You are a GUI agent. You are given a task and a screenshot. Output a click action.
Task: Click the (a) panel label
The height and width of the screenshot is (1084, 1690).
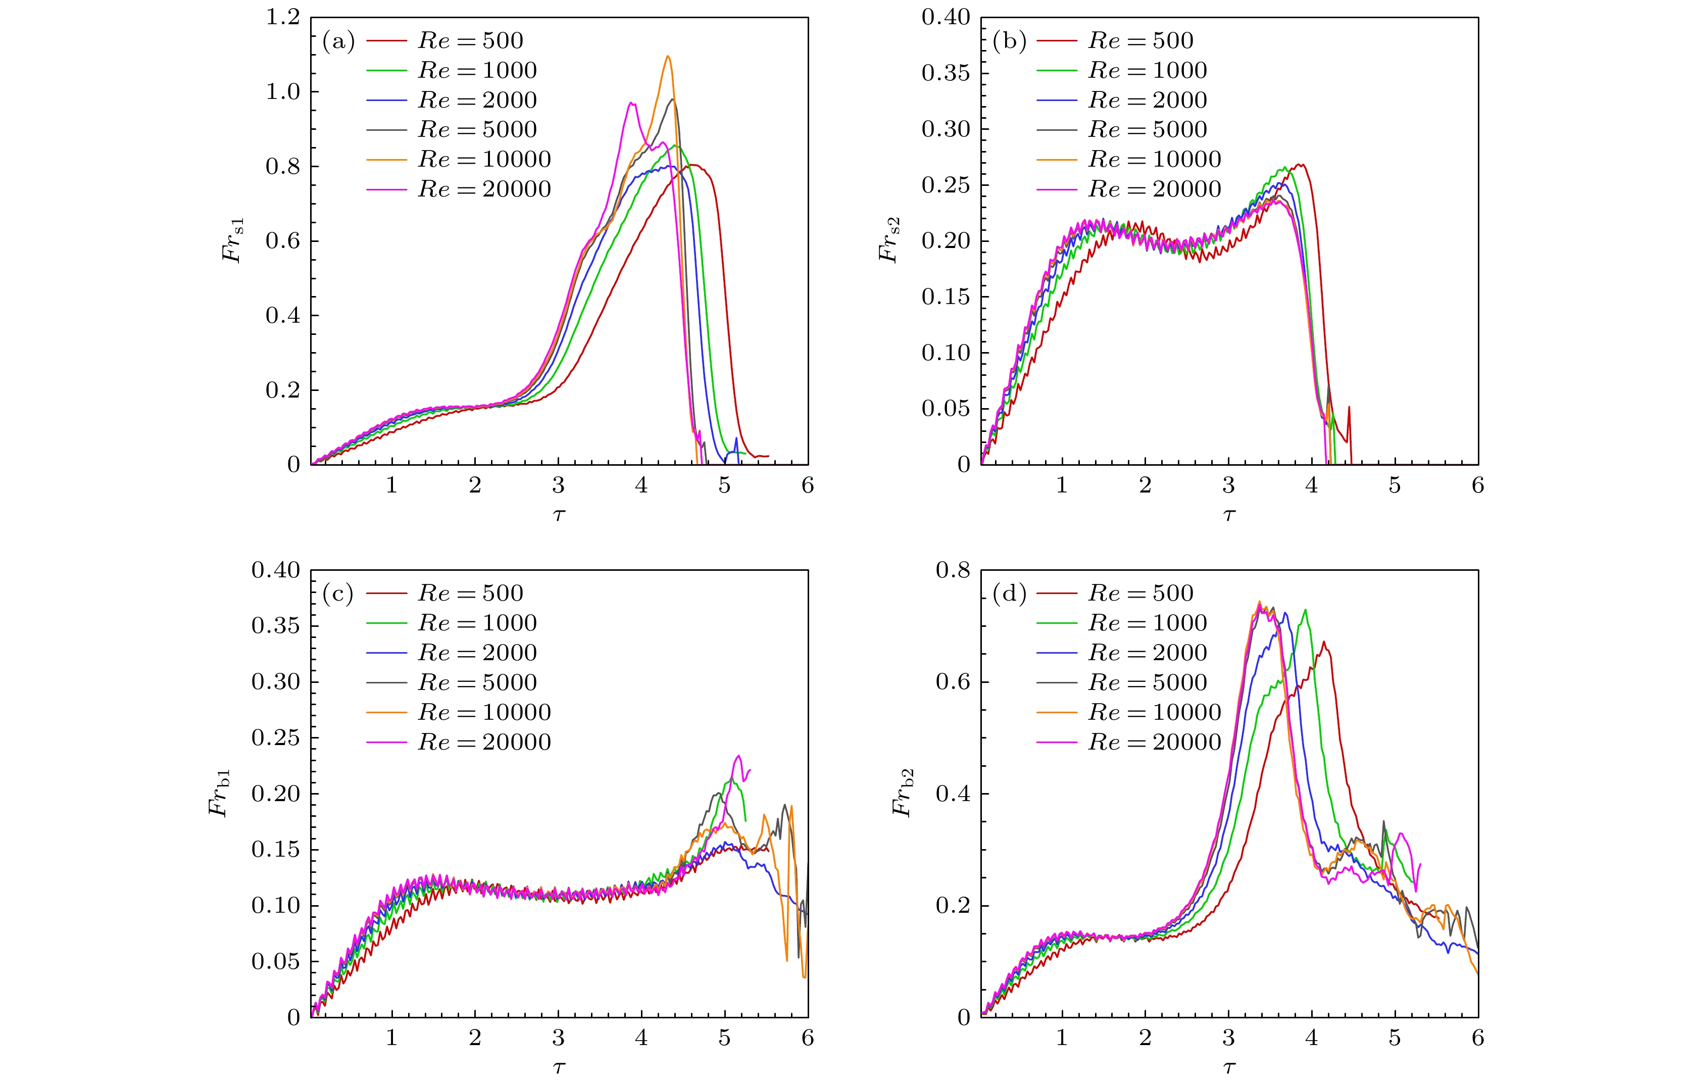point(338,41)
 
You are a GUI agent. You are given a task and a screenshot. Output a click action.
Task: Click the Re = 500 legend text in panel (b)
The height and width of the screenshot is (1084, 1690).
point(1141,41)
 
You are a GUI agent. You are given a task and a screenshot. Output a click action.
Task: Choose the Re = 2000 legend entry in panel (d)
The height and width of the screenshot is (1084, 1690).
point(1148,653)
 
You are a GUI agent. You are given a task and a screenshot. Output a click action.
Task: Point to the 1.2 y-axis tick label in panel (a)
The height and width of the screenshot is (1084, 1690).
point(283,17)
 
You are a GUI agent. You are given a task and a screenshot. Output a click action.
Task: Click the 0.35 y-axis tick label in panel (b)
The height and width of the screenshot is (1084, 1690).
point(946,73)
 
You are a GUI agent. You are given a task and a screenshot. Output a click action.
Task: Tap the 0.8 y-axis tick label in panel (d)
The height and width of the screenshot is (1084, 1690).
point(953,570)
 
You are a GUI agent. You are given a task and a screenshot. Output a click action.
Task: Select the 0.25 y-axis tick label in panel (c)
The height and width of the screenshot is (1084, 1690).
point(275,737)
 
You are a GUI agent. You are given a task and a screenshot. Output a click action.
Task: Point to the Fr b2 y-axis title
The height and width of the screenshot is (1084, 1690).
point(903,793)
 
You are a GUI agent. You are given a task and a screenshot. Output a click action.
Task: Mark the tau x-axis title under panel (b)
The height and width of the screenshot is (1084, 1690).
point(1229,515)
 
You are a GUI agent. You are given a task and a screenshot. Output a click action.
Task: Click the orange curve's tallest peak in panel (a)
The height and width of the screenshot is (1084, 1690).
point(667,56)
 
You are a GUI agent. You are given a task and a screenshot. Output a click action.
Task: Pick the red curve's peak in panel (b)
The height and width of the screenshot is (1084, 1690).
point(1302,165)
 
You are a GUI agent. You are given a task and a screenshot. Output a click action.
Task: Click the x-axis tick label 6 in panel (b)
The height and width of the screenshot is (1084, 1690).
point(1477,486)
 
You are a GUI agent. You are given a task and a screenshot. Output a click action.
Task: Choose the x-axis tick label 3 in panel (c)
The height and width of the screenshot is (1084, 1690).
point(558,1038)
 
